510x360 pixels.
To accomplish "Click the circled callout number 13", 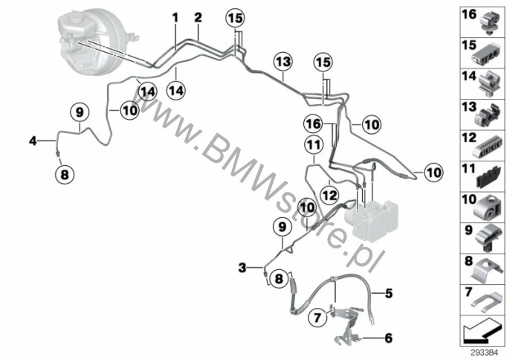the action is point(283,62).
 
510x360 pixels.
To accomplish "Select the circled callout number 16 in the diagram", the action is point(313,124).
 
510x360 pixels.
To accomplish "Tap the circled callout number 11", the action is point(314,145).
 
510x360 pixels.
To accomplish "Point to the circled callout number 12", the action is point(329,196).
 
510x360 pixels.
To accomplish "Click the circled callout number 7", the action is point(317,317).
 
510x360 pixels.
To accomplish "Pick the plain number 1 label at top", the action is point(175,18).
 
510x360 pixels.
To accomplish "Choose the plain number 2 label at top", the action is point(198,18).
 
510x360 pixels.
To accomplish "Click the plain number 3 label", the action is point(242,269).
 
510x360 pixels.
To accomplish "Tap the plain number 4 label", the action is point(33,141).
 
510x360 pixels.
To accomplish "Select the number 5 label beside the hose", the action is point(389,293).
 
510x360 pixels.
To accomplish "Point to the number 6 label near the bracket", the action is point(388,338).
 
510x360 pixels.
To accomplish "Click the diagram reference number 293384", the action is point(485,353).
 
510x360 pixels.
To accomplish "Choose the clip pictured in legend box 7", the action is point(485,301).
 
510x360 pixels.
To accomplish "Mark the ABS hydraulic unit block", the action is point(371,219).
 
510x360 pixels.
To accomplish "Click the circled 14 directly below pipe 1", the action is point(176,90).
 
